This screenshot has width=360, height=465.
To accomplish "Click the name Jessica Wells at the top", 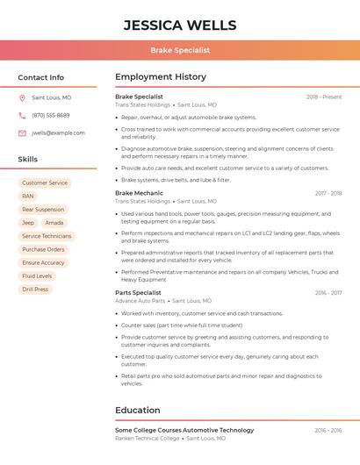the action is (180, 25).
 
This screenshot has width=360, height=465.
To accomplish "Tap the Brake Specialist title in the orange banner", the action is (180, 50).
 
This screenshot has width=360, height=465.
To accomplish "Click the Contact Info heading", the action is (41, 77).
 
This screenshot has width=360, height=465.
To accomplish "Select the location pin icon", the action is (22, 97).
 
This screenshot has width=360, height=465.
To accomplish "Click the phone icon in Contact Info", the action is (22, 115).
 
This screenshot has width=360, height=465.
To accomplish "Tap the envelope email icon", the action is (22, 133).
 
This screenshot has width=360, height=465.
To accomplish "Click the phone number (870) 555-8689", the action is (51, 115).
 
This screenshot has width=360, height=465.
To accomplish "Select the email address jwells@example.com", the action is (58, 133).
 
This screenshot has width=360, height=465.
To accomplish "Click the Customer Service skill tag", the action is (45, 183).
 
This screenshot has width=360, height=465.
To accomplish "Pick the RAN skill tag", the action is (28, 197).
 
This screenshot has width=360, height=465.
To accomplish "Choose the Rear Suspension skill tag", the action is (43, 210).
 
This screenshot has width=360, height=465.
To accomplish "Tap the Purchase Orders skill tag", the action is (43, 249).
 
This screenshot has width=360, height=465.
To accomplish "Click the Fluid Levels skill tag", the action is (37, 275).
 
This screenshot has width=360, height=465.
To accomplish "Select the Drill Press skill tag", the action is (35, 289).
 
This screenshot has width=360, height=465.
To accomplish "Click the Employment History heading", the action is (161, 77).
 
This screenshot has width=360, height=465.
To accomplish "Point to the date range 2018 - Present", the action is (324, 97).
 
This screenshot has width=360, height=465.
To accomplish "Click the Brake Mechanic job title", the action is (139, 193).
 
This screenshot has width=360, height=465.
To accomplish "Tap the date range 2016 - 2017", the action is (328, 293).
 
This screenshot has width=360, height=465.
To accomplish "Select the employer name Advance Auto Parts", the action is (140, 301).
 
